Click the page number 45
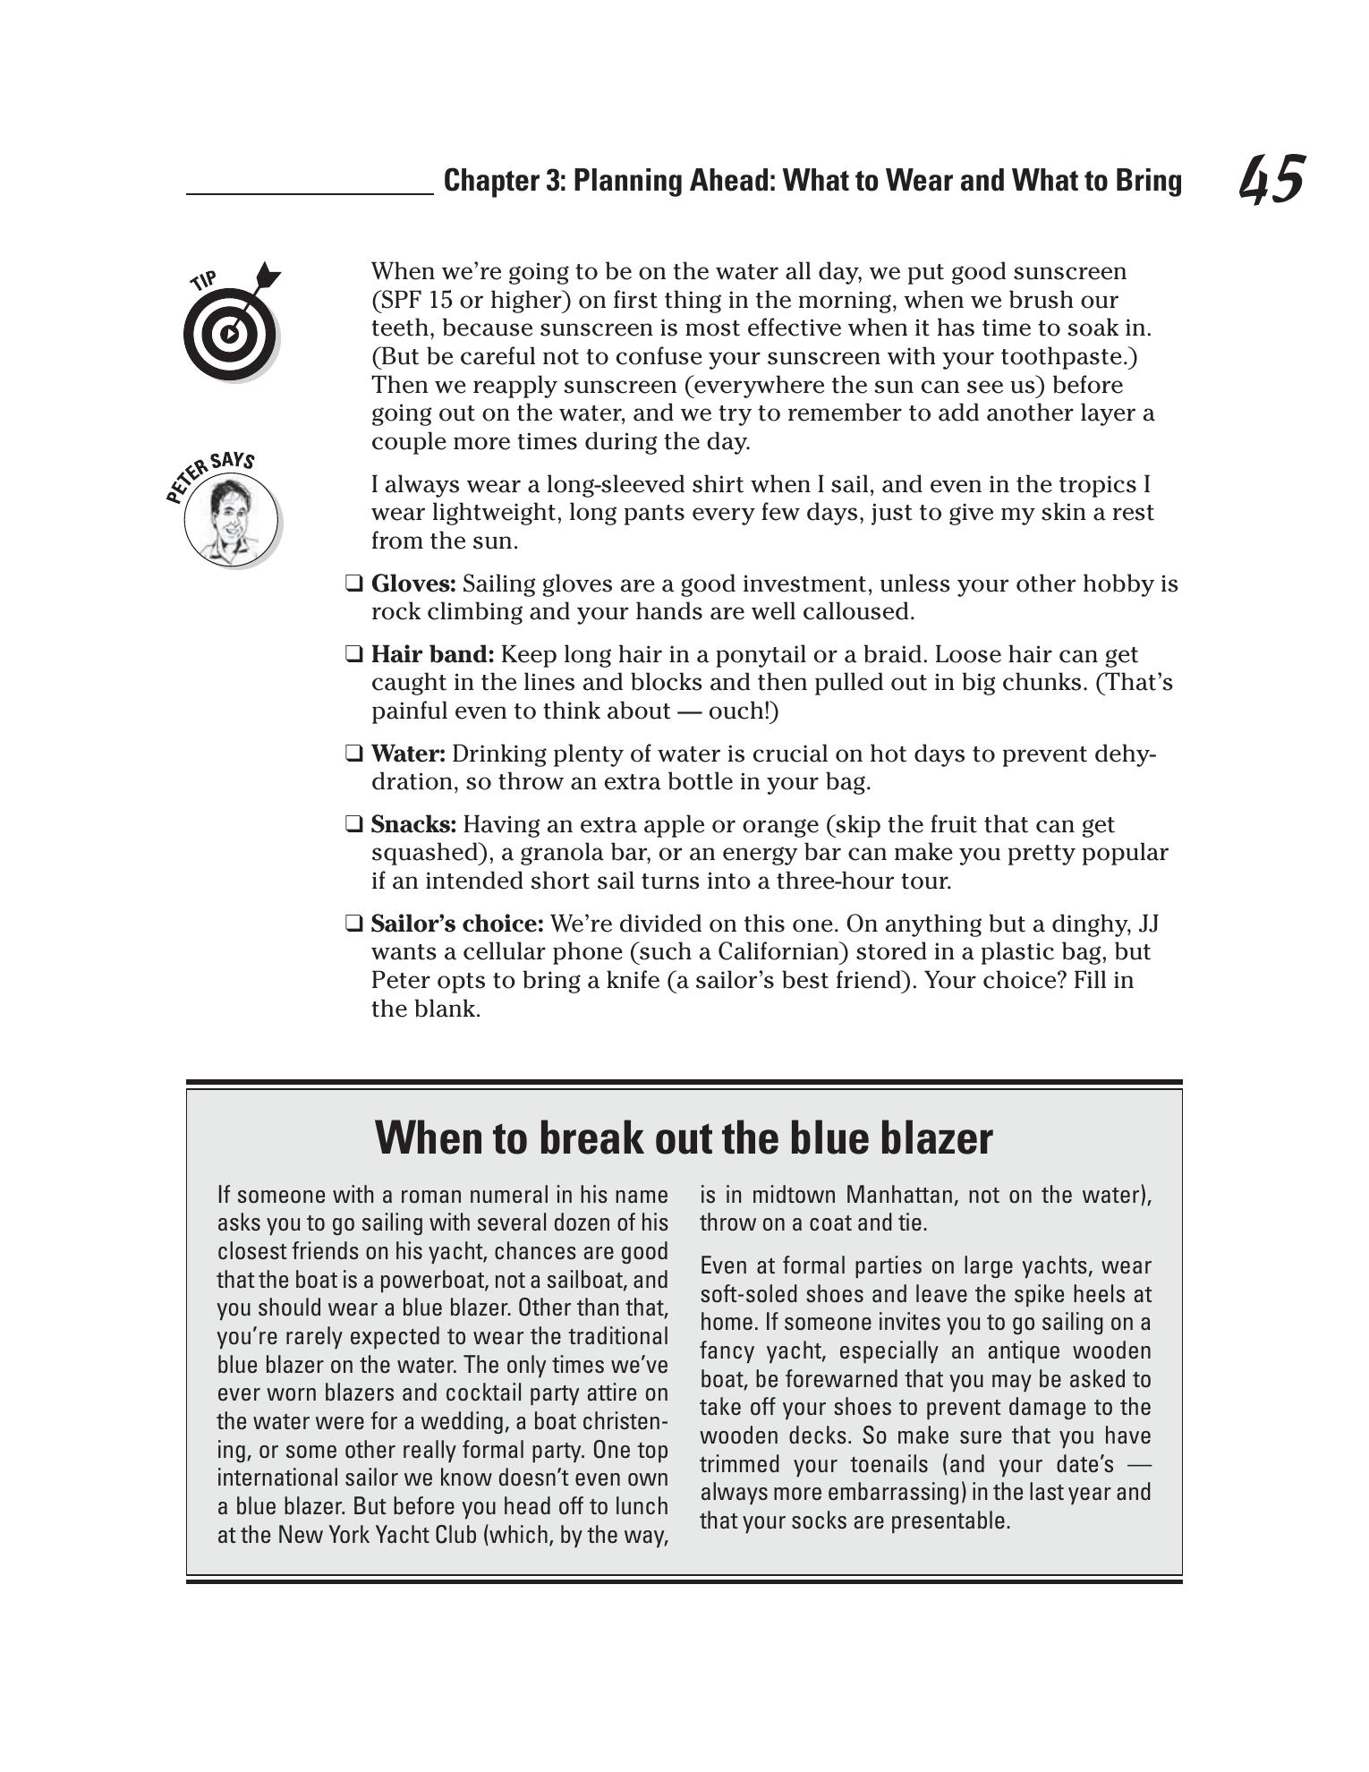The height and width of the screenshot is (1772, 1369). point(1271,180)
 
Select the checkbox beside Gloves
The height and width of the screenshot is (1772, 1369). point(353,584)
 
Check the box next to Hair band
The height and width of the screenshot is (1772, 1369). point(353,655)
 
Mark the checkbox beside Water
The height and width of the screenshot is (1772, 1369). point(353,754)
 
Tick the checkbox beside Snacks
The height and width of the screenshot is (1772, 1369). point(353,825)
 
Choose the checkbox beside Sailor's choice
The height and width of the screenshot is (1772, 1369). point(353,924)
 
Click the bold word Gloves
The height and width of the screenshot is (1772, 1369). point(412,584)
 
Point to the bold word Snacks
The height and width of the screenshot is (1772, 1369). point(412,825)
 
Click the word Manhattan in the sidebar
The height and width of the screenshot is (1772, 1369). point(900,1196)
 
